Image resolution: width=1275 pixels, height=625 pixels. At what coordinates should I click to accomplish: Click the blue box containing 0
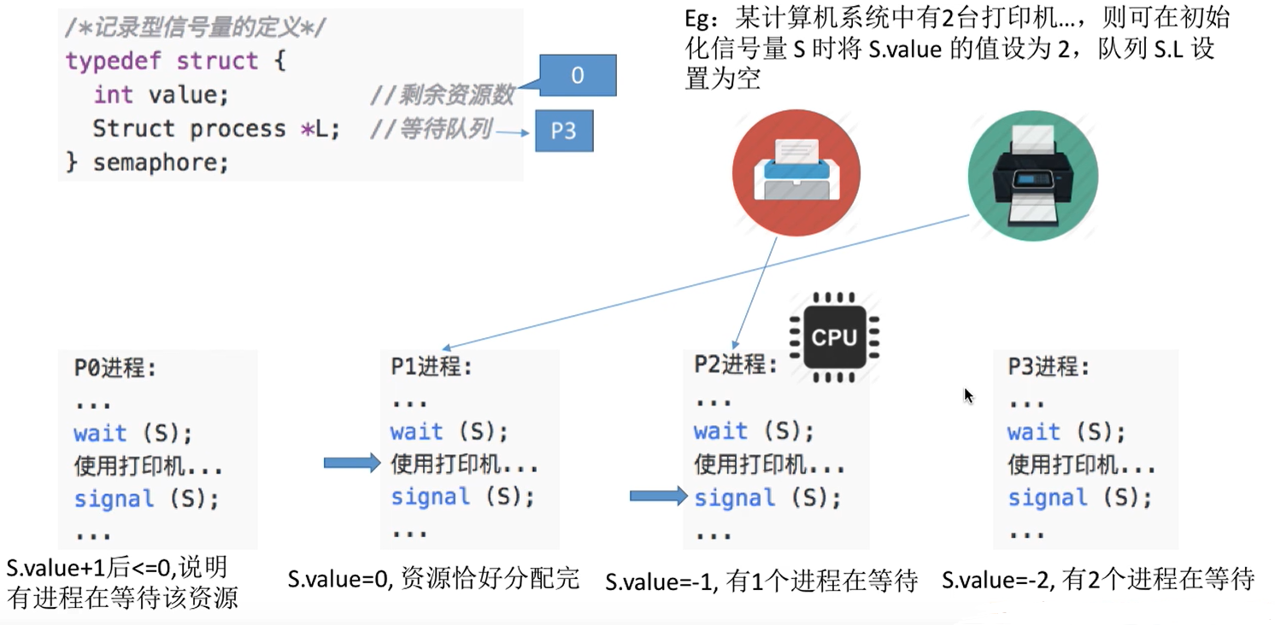point(578,76)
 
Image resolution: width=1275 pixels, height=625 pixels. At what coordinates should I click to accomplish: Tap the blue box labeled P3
point(564,131)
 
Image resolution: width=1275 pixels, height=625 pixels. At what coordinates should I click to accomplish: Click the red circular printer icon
point(796,173)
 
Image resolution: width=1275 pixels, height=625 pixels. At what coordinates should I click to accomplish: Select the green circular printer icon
point(1032,177)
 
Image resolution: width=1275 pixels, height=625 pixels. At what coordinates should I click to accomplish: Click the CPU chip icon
point(834,336)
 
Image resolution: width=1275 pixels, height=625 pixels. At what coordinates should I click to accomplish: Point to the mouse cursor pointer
point(968,395)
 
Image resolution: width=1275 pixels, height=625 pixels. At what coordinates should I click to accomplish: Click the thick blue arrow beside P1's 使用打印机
point(351,464)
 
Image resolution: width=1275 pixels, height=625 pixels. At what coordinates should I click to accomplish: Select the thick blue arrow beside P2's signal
point(658,496)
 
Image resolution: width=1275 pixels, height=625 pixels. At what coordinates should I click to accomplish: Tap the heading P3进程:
point(1049,367)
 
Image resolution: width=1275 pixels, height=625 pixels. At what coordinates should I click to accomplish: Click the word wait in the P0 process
point(100,433)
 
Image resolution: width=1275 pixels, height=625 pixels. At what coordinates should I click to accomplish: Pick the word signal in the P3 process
point(1047,497)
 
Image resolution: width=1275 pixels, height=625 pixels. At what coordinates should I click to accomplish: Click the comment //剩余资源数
point(442,95)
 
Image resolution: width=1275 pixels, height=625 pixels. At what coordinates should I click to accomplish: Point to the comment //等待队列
point(431,129)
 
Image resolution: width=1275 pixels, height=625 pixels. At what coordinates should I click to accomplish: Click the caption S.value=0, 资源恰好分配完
point(433,580)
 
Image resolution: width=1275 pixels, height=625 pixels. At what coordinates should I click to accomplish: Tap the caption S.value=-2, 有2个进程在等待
point(1097,581)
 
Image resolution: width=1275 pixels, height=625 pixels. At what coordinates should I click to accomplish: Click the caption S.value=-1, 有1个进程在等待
point(761,581)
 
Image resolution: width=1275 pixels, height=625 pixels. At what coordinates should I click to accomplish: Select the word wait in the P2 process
point(720,431)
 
